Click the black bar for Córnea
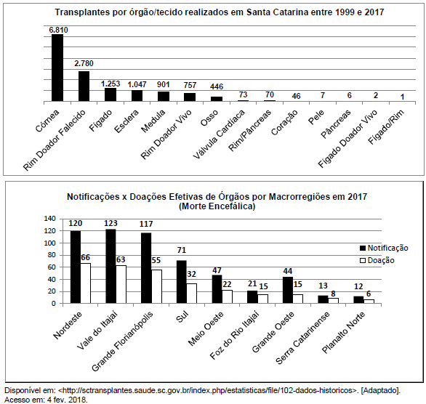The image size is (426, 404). click(x=57, y=68)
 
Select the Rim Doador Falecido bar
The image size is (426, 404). click(x=84, y=86)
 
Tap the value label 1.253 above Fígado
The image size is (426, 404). click(x=110, y=84)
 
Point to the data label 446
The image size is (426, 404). click(x=217, y=86)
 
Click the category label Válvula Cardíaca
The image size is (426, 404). click(x=219, y=134)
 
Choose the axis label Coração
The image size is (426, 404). click(x=284, y=123)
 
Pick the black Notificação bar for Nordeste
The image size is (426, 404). click(x=76, y=267)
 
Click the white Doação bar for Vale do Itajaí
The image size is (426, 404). click(x=121, y=284)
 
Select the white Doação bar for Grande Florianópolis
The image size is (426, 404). click(x=156, y=286)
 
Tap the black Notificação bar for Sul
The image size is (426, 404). click(x=182, y=282)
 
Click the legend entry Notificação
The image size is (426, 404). click(x=384, y=248)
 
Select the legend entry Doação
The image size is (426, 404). click(x=377, y=260)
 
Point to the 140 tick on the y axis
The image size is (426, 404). click(x=49, y=219)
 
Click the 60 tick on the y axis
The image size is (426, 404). click(x=52, y=267)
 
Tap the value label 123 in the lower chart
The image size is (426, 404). click(x=110, y=223)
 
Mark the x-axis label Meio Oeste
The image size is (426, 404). click(x=206, y=328)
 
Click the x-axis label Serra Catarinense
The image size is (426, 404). click(x=302, y=338)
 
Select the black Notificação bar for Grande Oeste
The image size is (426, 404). click(x=288, y=290)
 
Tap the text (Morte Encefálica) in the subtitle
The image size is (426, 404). click(x=217, y=206)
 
